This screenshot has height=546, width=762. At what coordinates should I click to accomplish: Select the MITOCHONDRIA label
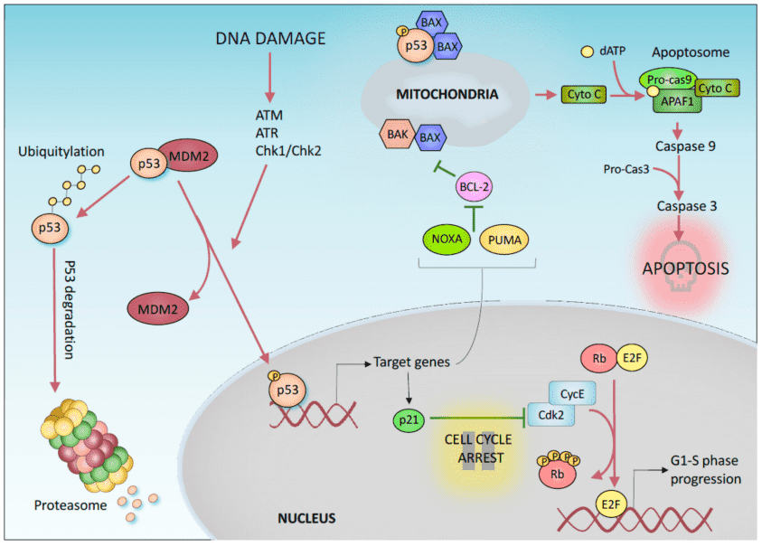[x=444, y=94]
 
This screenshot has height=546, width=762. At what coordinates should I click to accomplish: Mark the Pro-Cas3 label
[x=627, y=168]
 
